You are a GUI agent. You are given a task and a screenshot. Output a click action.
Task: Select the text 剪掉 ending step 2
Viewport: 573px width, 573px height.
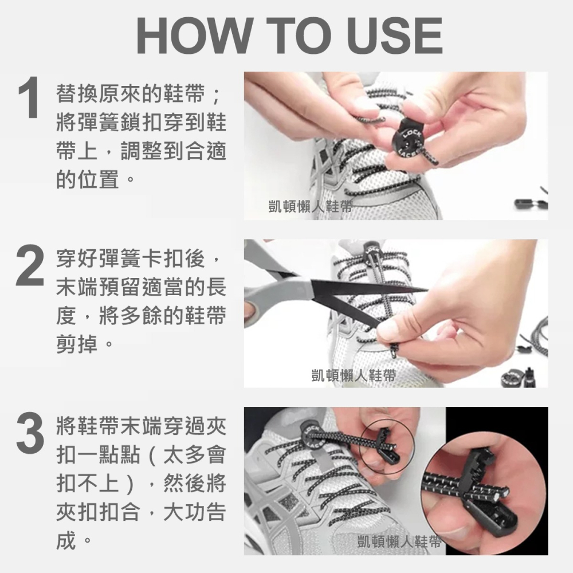pos(78,346)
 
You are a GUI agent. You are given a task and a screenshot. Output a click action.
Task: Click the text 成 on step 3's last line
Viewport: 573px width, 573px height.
pos(66,540)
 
